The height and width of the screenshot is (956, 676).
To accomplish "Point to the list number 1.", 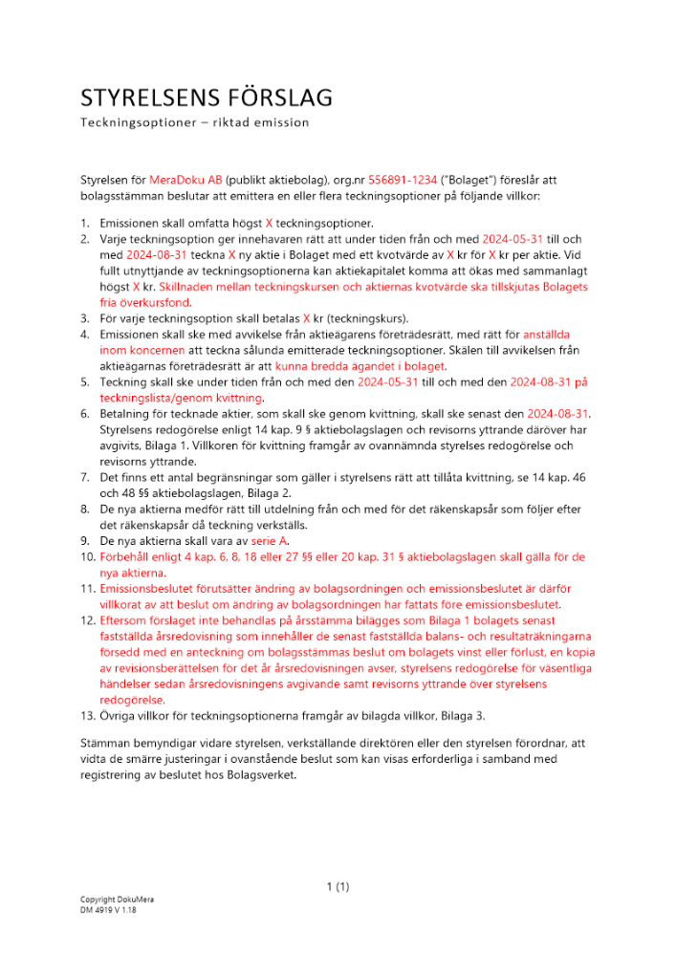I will [84, 223].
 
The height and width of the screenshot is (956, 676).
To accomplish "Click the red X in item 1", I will [269, 223].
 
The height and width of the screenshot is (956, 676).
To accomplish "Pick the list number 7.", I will [84, 477].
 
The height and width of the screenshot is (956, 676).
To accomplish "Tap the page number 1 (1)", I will [338, 887].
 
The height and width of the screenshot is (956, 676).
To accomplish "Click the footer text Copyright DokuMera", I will [117, 901].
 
